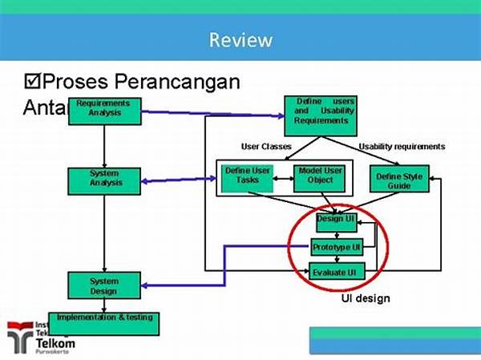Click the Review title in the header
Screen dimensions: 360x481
[x=240, y=39]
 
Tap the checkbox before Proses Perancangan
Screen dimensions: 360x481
[x=33, y=82]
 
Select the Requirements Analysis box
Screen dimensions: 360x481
[x=103, y=108]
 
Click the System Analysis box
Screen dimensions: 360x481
[x=104, y=178]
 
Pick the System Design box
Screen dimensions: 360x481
[x=104, y=286]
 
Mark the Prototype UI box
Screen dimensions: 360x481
[x=337, y=247]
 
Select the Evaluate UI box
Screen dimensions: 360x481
[x=337, y=273]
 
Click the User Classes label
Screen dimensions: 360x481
[x=266, y=147]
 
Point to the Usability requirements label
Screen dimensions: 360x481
[x=401, y=147]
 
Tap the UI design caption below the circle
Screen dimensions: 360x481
[x=366, y=298]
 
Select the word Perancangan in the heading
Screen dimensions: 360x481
[x=177, y=82]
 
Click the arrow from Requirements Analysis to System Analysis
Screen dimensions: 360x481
[x=104, y=144]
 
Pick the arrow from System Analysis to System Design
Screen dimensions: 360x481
[x=104, y=233]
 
